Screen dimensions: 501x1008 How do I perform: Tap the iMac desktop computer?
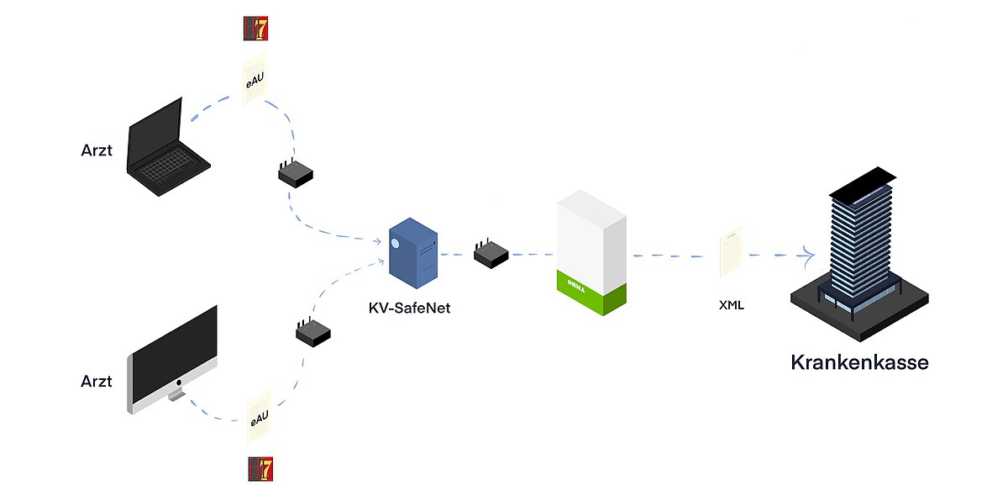[173, 357]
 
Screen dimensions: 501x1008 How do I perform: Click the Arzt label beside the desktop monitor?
[97, 381]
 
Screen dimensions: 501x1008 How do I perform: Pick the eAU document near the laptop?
[255, 82]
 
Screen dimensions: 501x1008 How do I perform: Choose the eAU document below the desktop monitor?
[259, 417]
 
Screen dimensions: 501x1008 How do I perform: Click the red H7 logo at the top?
[255, 28]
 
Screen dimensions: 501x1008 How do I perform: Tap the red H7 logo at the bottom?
[260, 469]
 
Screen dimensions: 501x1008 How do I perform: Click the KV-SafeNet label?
[409, 308]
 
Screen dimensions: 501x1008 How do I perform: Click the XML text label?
[731, 305]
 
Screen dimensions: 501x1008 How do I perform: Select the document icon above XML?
[731, 250]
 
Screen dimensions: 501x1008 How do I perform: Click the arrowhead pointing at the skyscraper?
[810, 254]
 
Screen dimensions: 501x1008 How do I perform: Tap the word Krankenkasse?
[859, 363]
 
